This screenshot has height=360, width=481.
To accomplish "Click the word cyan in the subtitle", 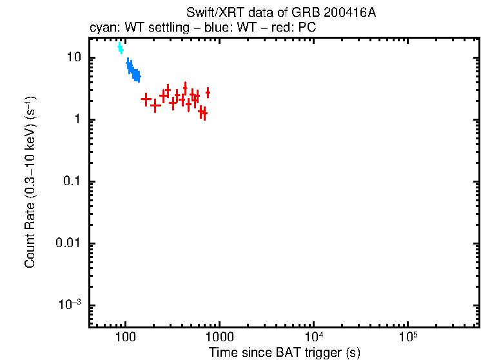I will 102,28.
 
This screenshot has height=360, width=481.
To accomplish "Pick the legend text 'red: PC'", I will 295,28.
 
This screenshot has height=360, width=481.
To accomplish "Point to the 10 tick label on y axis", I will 74,57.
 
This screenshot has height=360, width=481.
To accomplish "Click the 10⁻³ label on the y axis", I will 70,305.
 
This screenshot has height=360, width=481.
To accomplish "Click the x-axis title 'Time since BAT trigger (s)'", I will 284,352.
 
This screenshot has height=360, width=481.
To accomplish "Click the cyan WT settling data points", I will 120,48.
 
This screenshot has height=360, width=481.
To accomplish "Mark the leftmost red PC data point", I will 146,99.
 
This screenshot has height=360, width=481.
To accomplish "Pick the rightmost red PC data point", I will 208,94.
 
